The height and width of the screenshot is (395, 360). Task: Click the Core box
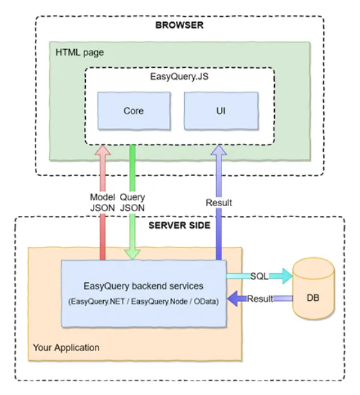tap(134, 111)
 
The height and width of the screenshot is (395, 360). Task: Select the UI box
tap(220, 111)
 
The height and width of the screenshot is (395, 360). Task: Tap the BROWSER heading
tap(179, 25)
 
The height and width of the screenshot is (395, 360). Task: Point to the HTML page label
tap(80, 53)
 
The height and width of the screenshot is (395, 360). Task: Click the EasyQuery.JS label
tap(180, 78)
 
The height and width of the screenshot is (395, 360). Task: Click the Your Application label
tap(67, 348)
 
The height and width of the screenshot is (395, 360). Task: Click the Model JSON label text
tap(102, 202)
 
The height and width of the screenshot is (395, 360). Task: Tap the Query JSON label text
tap(132, 202)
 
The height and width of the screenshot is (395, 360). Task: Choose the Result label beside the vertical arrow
tap(218, 203)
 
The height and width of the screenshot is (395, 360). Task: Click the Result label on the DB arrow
tap(260, 298)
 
